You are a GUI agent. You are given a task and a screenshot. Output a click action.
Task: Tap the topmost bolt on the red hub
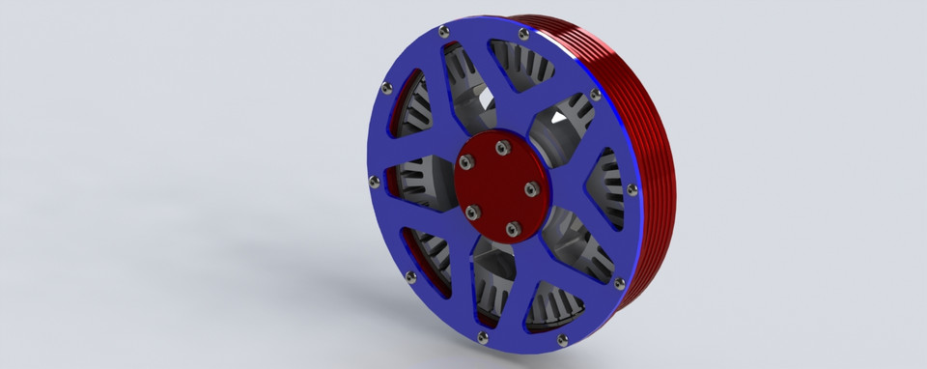click(501, 148)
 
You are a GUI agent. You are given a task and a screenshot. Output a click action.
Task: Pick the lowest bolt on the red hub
click(514, 229)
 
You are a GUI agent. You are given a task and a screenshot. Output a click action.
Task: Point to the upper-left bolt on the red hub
click(470, 165)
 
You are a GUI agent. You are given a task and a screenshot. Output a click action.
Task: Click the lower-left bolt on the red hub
click(471, 212)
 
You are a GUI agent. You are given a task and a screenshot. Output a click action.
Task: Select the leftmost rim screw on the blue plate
click(375, 178)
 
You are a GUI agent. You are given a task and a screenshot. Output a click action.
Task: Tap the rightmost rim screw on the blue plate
click(632, 188)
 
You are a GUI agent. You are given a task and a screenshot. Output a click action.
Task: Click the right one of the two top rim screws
click(522, 34)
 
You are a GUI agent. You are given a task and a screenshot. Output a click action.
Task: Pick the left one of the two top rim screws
click(443, 31)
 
